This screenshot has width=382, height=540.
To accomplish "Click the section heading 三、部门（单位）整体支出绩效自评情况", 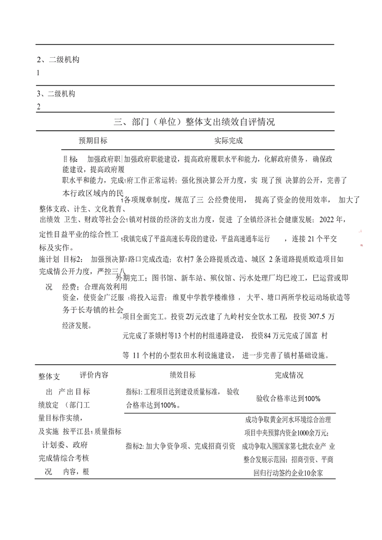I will coord(194,122).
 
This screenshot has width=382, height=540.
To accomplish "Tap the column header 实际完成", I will coord(229,141).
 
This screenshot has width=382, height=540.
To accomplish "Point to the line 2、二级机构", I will coord(58,60).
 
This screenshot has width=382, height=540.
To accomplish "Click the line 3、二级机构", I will coord(58,94).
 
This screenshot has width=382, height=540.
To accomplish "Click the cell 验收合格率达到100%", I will coord(288,399).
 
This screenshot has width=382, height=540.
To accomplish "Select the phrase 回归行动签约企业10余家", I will coord(288,473).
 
